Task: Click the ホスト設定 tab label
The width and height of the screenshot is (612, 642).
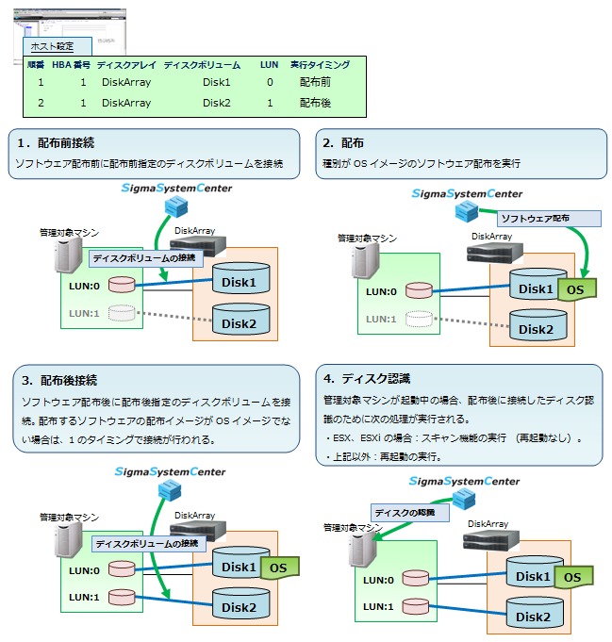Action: [51, 46]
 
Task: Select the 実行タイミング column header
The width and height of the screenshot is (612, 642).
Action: [320, 65]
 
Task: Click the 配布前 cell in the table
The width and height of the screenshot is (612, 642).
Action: [315, 82]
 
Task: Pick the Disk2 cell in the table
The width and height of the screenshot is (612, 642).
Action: [216, 103]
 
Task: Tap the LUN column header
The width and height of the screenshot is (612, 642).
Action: [269, 65]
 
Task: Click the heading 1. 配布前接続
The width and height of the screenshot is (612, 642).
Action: [56, 143]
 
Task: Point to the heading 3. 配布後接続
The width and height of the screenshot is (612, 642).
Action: [59, 381]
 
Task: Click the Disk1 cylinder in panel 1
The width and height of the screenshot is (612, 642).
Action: [240, 280]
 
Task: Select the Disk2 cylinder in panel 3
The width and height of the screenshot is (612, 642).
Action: [240, 605]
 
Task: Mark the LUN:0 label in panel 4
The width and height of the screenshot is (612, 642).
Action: [379, 579]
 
